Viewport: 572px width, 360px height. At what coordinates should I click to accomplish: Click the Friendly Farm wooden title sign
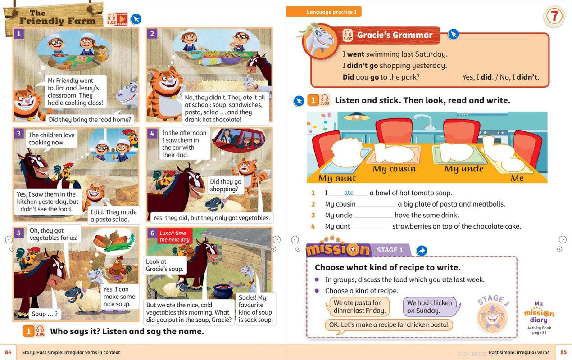click(x=54, y=18)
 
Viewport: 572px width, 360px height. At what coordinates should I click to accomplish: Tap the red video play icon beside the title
click(x=122, y=19)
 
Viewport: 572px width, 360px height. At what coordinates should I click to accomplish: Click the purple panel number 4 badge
click(x=152, y=133)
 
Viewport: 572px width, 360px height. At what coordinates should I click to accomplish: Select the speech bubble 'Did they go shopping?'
click(x=226, y=185)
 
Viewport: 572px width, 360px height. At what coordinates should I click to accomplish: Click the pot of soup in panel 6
click(x=223, y=291)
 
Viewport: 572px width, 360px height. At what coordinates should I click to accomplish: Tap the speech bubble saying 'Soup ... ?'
click(x=45, y=314)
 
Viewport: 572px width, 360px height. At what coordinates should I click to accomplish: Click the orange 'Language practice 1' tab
click(x=323, y=12)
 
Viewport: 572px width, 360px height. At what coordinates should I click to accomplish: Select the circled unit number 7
click(x=554, y=16)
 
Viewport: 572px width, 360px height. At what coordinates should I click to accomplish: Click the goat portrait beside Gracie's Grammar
click(x=320, y=41)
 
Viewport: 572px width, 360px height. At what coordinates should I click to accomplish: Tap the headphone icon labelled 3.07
click(x=348, y=35)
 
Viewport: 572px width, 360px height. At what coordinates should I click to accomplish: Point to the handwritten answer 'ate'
click(x=349, y=193)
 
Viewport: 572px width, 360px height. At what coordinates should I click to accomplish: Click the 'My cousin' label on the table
click(x=394, y=169)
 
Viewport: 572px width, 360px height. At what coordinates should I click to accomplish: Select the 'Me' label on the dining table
click(x=517, y=178)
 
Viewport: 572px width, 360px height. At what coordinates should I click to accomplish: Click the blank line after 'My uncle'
click(x=373, y=217)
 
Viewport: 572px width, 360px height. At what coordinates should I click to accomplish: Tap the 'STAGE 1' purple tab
click(x=390, y=250)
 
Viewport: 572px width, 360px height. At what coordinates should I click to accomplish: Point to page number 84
click(x=8, y=352)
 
